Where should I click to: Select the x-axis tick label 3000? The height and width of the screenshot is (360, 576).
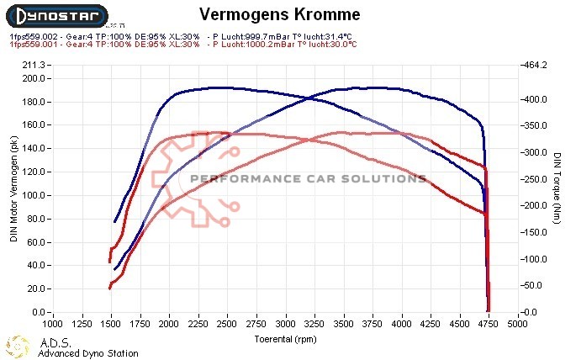[x=286, y=323]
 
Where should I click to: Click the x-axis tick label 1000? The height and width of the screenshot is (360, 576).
[x=52, y=323]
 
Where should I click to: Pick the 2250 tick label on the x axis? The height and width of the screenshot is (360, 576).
[x=198, y=323]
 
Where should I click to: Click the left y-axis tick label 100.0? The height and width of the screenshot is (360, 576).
[x=34, y=195]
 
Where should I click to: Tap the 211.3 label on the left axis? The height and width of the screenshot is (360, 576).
[x=34, y=65]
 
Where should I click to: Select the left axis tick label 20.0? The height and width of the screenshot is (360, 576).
[x=37, y=289]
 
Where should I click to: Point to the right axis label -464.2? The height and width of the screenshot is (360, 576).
[x=535, y=65]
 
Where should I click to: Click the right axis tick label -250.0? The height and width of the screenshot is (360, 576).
[x=535, y=179]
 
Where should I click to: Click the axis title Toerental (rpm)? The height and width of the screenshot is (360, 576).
[x=286, y=338]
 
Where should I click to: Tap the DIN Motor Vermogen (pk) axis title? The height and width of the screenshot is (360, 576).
[x=14, y=188]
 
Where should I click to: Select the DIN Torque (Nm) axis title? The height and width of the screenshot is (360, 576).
[x=557, y=188]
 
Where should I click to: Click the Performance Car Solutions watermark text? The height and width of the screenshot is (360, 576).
[x=308, y=178]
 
